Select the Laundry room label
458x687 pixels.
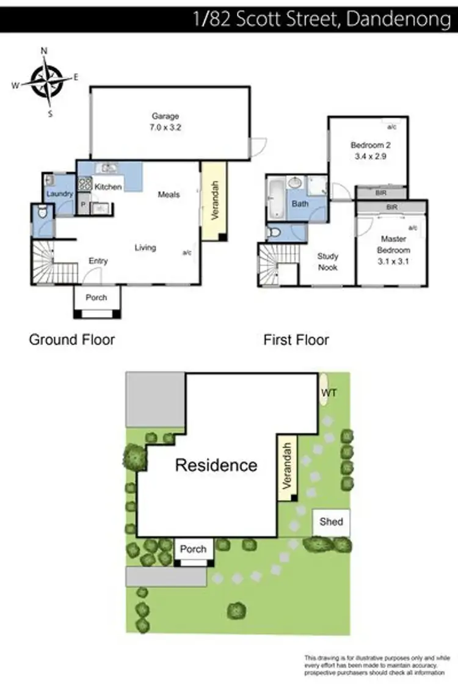coord(60,194)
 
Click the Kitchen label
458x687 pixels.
coord(108,186)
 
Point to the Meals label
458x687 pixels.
coord(169,194)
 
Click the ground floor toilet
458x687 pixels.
coord(41,214)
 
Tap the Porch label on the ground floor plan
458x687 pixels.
coord(96,297)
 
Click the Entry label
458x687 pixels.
coord(98,261)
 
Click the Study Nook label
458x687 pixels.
coord(328,262)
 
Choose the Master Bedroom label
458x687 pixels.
coord(392,244)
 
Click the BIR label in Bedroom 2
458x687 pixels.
coord(381,192)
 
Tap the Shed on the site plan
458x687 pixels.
coord(331,522)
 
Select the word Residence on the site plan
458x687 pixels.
coord(216,465)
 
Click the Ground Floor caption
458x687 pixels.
coord(72,340)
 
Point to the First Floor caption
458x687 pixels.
coord(296,340)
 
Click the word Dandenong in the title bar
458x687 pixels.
coord(398,18)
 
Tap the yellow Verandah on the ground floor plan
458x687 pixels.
coord(214,200)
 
